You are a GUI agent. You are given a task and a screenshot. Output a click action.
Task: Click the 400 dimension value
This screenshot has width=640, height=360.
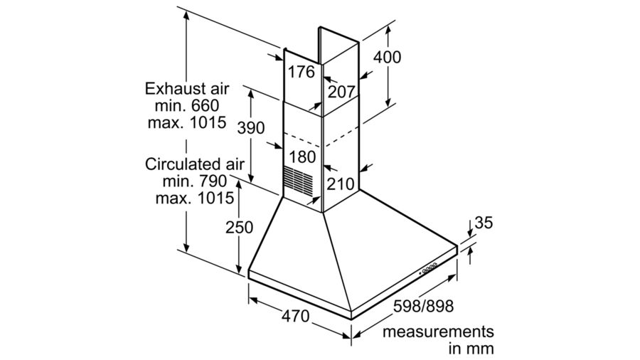(x=387, y=58)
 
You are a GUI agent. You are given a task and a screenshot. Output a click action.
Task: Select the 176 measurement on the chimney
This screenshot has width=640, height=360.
(x=301, y=72)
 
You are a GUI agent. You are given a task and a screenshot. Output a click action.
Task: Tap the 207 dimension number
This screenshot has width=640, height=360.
(x=341, y=92)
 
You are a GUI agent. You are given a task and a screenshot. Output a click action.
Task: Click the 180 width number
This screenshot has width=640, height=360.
(x=301, y=157)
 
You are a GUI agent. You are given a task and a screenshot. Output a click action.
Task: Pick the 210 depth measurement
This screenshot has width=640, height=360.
(x=341, y=184)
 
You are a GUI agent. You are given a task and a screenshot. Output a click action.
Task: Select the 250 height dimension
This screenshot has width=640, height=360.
(x=240, y=228)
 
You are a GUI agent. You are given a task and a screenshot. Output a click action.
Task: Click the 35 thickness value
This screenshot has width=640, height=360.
(x=484, y=223)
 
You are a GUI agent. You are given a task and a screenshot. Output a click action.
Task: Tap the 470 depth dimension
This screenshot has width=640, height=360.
(x=295, y=316)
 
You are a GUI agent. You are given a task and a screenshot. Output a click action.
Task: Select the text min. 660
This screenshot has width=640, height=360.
(x=187, y=105)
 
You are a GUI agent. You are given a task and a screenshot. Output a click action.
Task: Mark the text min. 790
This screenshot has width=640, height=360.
(x=187, y=181)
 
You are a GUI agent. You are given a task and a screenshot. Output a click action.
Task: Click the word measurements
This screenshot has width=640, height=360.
(x=437, y=332)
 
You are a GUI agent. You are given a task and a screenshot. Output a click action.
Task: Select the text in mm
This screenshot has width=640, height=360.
(x=471, y=349)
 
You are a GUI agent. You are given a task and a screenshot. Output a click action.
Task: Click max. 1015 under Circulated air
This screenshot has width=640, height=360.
(x=190, y=197)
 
